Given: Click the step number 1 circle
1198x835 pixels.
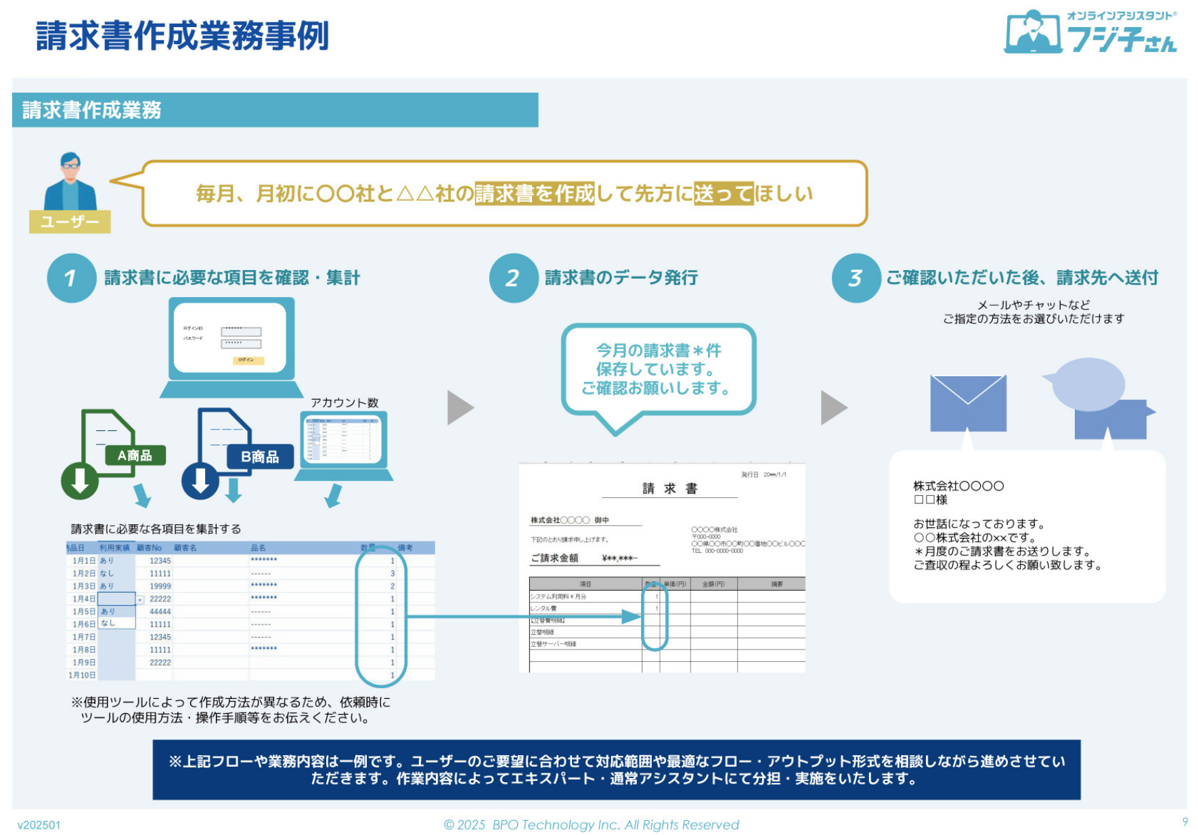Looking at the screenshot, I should coord(71,278).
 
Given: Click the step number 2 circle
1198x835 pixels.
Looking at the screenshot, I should coord(513,278).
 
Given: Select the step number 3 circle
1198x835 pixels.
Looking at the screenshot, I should coord(856,278).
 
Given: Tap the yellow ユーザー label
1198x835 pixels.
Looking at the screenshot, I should coord(70,222).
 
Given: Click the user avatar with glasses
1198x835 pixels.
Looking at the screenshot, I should coord(70,181).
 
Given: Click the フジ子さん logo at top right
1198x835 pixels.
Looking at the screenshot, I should coord(1090,32).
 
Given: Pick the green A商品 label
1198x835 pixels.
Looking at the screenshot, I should coord(135,455).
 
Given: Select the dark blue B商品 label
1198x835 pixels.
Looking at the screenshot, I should coord(260,457).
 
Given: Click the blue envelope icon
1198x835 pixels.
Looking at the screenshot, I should coord(968,403).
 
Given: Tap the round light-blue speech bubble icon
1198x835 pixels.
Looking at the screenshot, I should coord(1088,384).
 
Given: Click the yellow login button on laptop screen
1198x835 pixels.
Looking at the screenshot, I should coord(248,360).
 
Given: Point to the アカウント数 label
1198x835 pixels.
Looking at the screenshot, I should coord(345,403).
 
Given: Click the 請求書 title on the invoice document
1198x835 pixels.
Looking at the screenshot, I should coord(669,488).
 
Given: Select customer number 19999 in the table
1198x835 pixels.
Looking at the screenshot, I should coord(160,586).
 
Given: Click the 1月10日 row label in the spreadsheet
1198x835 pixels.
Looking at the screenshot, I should coord(82,675).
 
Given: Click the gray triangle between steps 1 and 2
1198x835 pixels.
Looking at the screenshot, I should coord(460,407).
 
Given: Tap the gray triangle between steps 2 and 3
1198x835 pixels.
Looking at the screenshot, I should coord(833,407).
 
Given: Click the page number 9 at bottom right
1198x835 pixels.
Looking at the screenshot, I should coord(1184,821).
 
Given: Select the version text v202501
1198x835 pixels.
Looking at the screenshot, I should coord(39,825).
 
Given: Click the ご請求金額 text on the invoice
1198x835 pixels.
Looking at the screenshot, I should coord(554,558).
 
